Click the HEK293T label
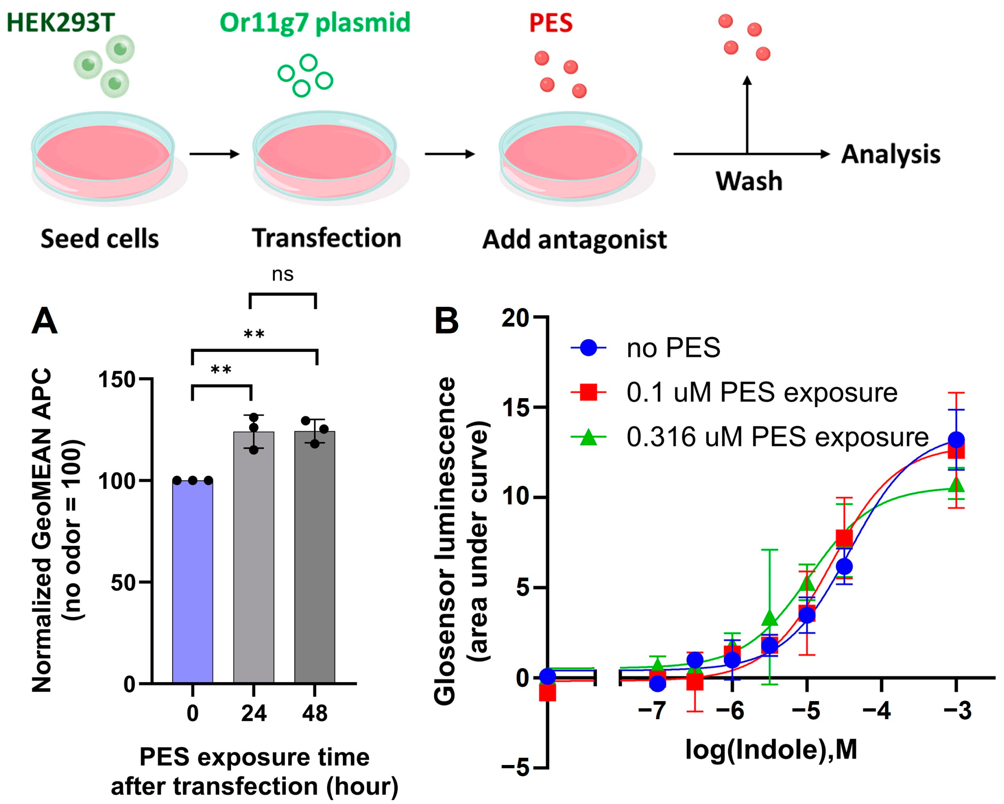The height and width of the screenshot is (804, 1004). [60, 22]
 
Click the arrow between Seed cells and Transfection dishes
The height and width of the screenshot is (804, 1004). [214, 154]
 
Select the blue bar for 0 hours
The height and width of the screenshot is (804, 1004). [192, 582]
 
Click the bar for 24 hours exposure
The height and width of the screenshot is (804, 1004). [253, 558]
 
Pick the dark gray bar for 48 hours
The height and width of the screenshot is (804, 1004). [315, 558]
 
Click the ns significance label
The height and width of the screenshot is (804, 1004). [283, 275]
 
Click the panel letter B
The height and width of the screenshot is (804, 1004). [446, 321]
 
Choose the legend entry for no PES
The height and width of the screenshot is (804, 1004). [673, 348]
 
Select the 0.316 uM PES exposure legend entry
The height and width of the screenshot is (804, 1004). [777, 437]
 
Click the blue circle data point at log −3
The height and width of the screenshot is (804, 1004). [956, 440]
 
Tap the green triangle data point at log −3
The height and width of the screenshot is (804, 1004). [956, 485]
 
